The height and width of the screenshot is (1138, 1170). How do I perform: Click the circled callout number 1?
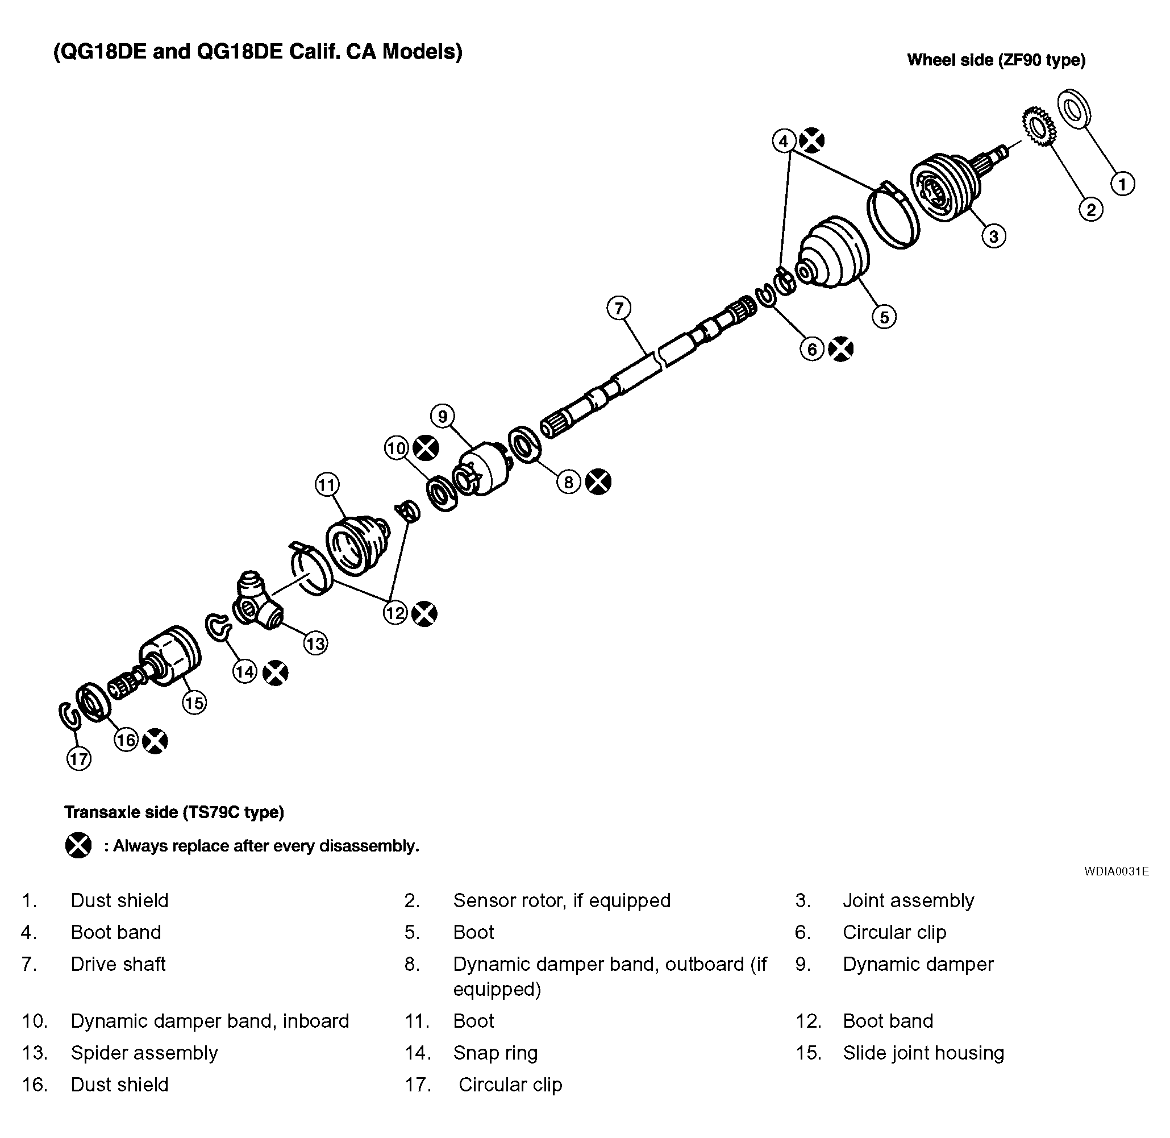point(1122,184)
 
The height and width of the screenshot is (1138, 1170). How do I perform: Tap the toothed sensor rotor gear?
point(1039,126)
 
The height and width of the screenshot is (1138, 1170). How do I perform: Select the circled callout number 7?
point(618,309)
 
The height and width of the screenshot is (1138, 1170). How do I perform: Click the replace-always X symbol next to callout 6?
point(841,349)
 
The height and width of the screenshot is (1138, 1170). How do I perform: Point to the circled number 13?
point(315,643)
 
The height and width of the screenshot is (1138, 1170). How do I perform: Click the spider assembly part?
point(256,604)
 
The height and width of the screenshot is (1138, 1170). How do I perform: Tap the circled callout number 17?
point(79,759)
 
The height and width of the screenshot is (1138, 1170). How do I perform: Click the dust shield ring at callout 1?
point(1075,109)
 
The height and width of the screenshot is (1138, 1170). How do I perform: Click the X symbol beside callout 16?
point(155,741)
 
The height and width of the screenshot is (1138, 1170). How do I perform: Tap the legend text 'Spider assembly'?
point(144,1053)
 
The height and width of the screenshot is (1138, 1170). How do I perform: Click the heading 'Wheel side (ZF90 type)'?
point(996,60)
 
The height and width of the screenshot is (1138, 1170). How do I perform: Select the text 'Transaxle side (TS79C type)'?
point(174,812)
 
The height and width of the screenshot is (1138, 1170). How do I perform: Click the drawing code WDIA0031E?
point(1116,871)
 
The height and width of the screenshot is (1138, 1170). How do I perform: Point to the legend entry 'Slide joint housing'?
point(923,1053)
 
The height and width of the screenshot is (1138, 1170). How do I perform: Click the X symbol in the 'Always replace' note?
point(78,846)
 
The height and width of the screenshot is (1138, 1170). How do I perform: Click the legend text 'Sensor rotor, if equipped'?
point(561,900)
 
